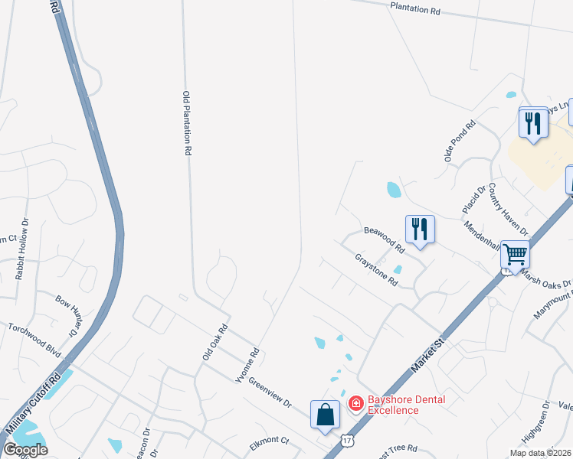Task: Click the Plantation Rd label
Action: pyautogui.click(x=415, y=9)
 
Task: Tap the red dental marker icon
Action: pyautogui.click(x=356, y=403)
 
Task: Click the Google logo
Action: pyautogui.click(x=26, y=449)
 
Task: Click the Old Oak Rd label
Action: pyautogui.click(x=215, y=342)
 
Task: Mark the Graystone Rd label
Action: pyautogui.click(x=377, y=270)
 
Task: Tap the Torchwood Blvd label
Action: pyautogui.click(x=34, y=338)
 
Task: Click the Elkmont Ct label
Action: pyautogui.click(x=269, y=441)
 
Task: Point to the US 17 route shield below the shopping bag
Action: pyautogui.click(x=348, y=441)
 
